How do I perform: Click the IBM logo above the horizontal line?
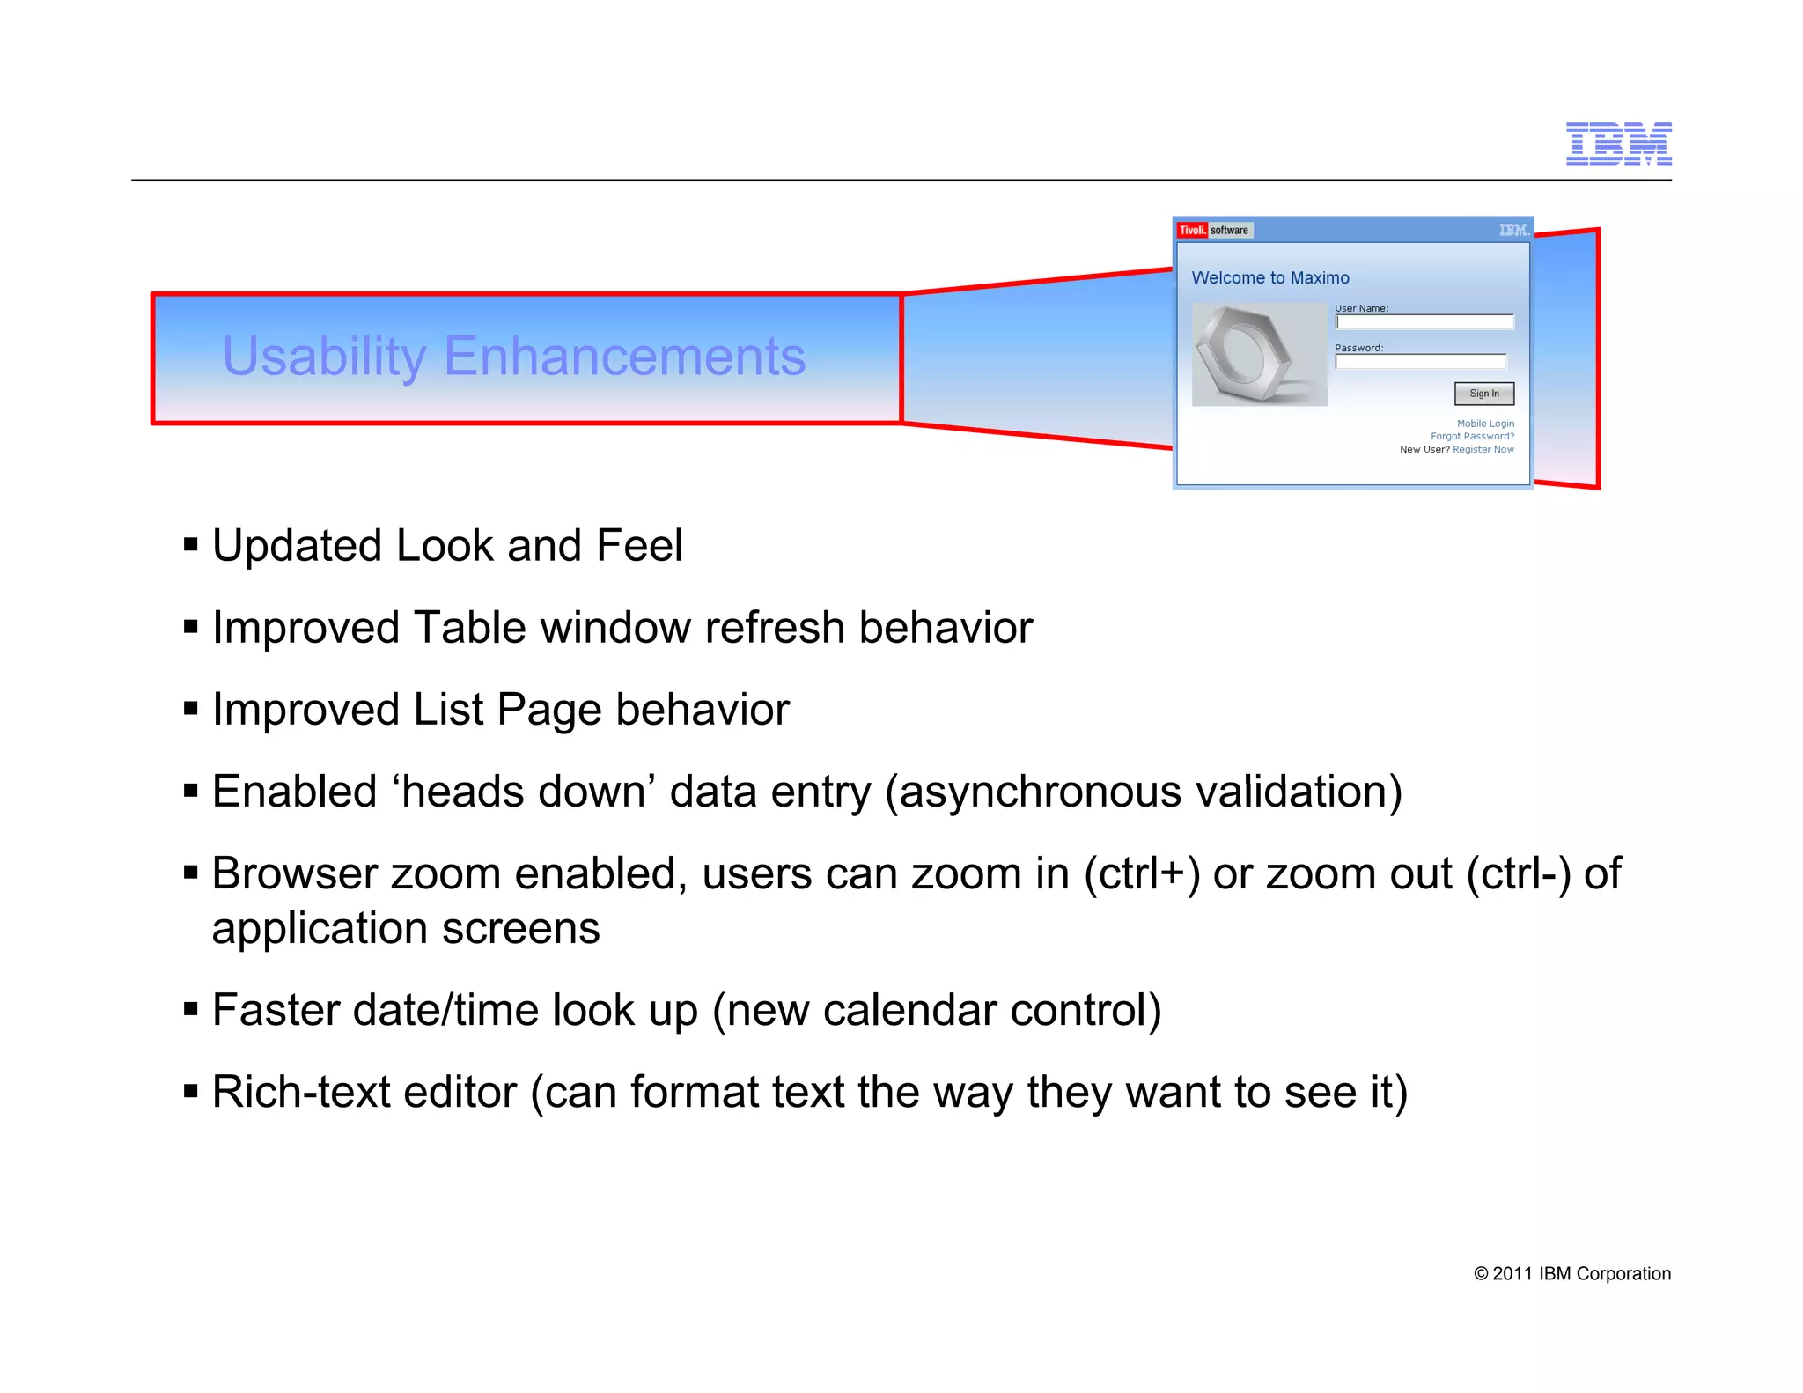pyautogui.click(x=1618, y=144)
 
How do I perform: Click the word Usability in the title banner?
pyautogui.click(x=324, y=357)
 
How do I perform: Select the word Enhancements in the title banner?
pyautogui.click(x=624, y=357)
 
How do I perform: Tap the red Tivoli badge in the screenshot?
pyautogui.click(x=1192, y=231)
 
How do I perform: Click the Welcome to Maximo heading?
pyautogui.click(x=1269, y=278)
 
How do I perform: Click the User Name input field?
pyautogui.click(x=1424, y=322)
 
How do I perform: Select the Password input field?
pyautogui.click(x=1420, y=362)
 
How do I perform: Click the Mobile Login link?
pyautogui.click(x=1485, y=424)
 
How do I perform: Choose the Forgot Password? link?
pyautogui.click(x=1472, y=437)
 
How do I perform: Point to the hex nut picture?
pyautogui.click(x=1259, y=354)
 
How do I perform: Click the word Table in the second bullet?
pyautogui.click(x=470, y=628)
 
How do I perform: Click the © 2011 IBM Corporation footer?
pyautogui.click(x=1571, y=1274)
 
